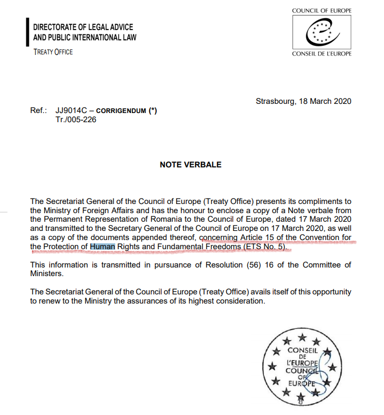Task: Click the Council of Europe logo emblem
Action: tap(321, 32)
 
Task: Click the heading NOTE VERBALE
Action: tap(191, 165)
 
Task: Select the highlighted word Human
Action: tap(102, 247)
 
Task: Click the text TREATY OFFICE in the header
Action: tap(53, 52)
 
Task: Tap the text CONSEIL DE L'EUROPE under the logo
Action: tap(322, 54)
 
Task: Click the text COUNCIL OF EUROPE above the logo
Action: tap(322, 11)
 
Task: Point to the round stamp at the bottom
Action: tap(302, 370)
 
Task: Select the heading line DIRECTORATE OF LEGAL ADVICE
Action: tap(83, 27)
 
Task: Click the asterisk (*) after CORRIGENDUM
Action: tap(153, 110)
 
